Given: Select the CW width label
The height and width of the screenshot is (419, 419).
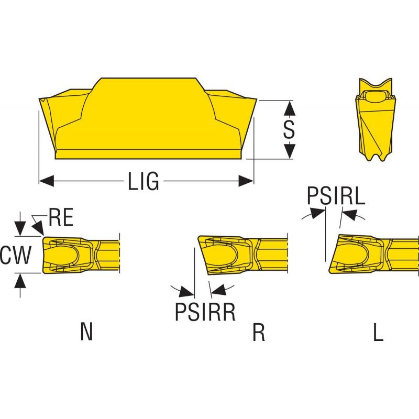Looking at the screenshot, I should click(16, 256).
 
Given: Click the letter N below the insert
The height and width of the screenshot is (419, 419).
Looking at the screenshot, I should click(87, 332).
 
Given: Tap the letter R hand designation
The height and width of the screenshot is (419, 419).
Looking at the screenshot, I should click(258, 332).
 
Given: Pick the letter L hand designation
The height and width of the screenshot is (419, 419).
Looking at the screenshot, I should click(378, 332).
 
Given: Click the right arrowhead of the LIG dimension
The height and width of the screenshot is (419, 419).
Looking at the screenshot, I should click(246, 181).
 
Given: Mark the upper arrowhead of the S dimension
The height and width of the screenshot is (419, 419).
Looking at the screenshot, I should click(290, 107).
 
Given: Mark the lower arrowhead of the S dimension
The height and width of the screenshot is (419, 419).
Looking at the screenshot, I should click(290, 152).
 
